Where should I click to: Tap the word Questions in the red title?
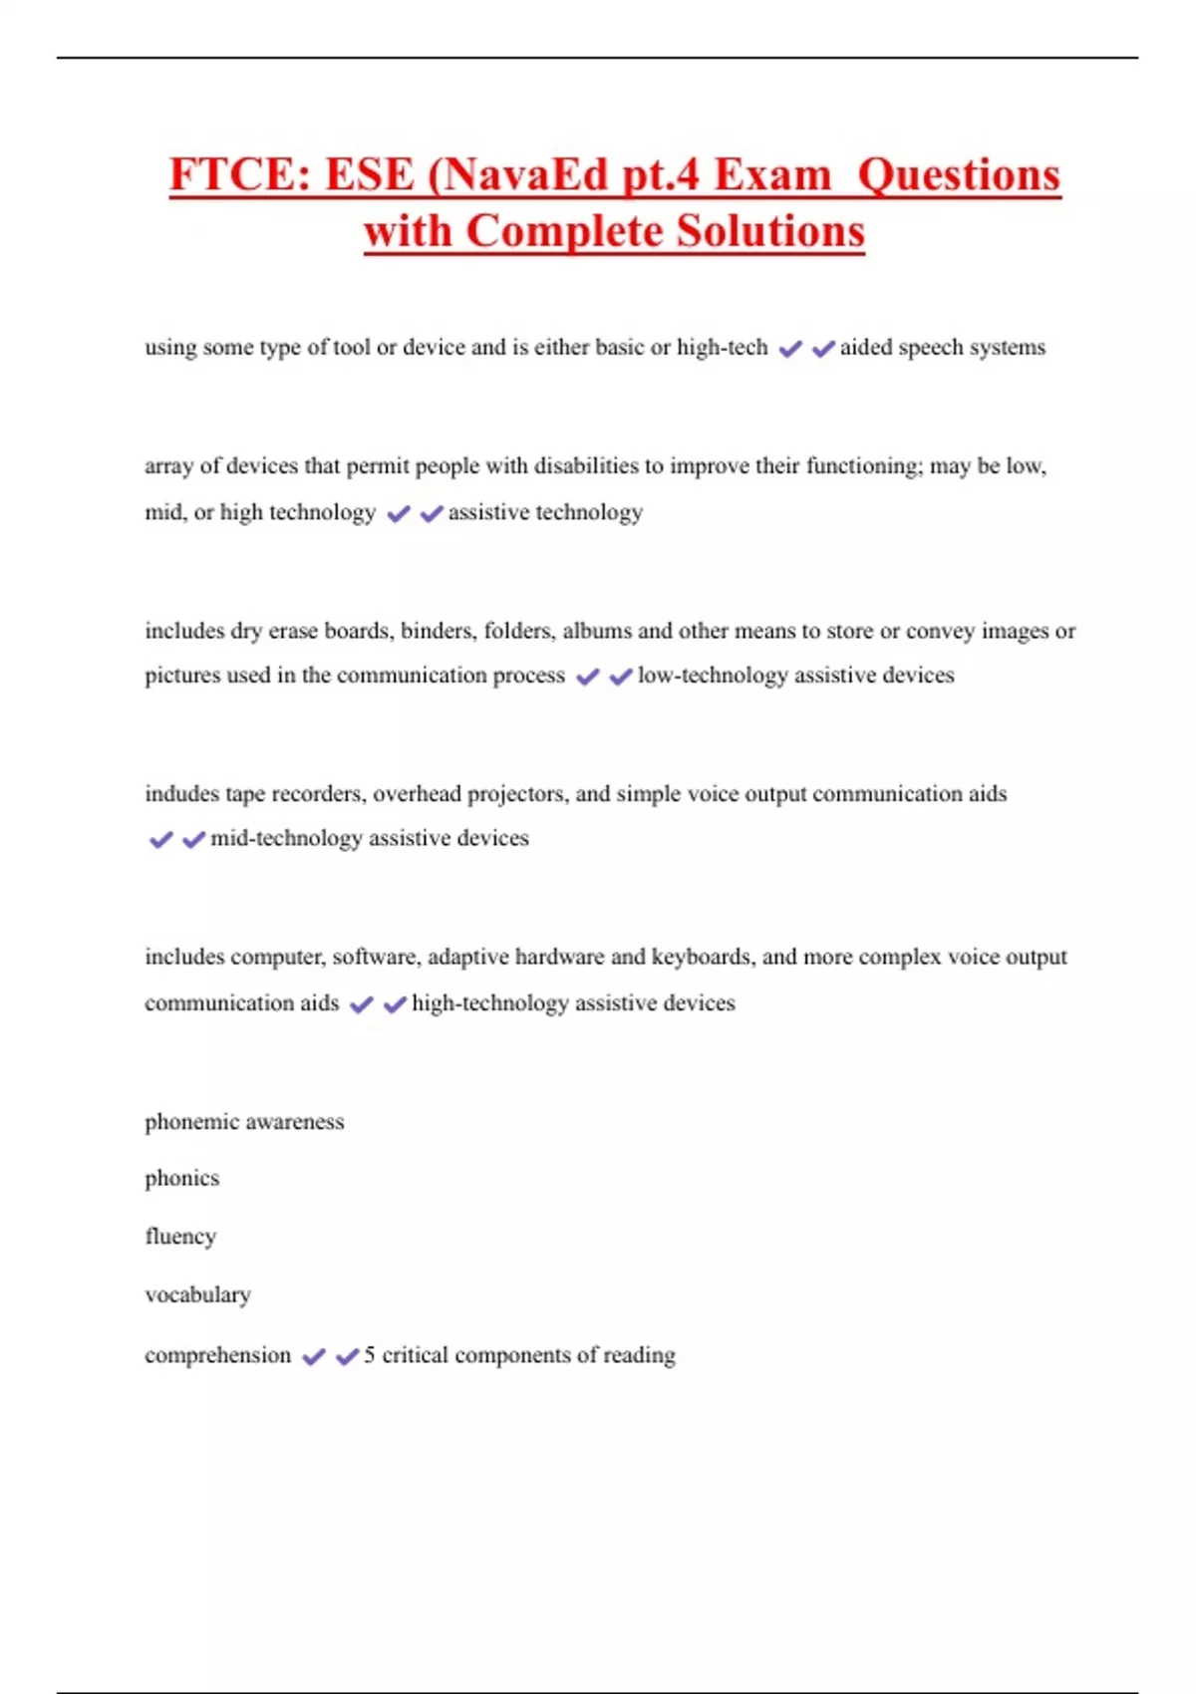(x=959, y=175)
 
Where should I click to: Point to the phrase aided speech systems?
(x=943, y=348)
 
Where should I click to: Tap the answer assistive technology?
(x=545, y=513)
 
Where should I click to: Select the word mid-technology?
(x=286, y=839)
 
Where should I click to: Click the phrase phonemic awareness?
(x=244, y=1122)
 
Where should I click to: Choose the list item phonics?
(x=181, y=1179)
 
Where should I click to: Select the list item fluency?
(x=180, y=1237)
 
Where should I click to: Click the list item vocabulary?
(x=197, y=1295)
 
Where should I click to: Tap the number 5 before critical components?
(x=370, y=1355)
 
